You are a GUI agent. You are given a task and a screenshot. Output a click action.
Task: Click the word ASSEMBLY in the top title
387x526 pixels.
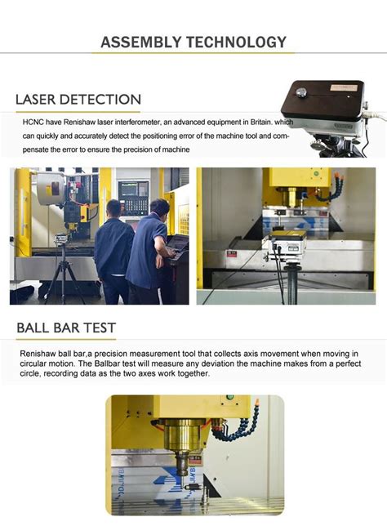pos(140,42)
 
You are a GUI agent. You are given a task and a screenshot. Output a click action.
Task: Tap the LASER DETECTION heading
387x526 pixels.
pos(78,100)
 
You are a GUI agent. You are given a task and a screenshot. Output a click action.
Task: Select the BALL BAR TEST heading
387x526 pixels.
pos(66,328)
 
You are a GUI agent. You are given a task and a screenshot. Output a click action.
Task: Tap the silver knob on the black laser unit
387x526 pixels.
pos(302,93)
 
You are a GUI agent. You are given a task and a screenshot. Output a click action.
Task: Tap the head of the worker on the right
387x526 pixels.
pos(158,207)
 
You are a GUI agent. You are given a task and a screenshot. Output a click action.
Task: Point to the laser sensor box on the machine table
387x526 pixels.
pos(287,240)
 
